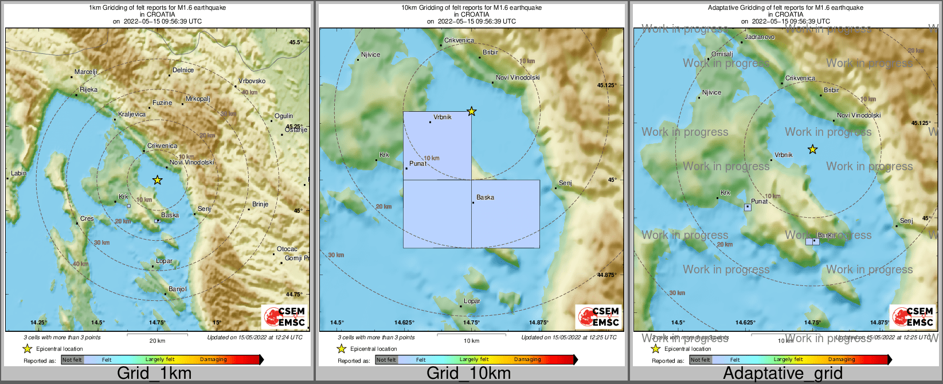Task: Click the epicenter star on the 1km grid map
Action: coord(158,180)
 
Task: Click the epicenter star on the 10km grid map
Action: coord(471,111)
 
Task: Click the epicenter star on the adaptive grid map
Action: coord(812,150)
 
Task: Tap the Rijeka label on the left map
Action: coord(88,90)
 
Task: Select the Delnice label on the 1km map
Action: coord(183,70)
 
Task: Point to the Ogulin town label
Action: coord(284,116)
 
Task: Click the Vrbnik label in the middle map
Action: coord(442,117)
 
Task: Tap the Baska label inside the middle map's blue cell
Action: coord(485,198)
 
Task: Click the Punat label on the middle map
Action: coord(418,164)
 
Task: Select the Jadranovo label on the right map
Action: coord(759,37)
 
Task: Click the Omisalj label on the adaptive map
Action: coord(722,54)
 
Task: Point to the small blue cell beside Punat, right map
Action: coord(748,207)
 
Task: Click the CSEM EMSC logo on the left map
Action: coord(285,316)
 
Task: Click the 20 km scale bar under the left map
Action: coord(157,335)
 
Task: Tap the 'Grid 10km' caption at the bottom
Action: coord(468,374)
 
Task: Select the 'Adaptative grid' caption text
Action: coord(782,374)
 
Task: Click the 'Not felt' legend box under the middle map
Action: coord(386,360)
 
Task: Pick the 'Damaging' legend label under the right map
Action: coord(842,360)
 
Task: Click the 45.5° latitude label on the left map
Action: coord(296,42)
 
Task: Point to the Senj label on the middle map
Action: coord(565,183)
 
